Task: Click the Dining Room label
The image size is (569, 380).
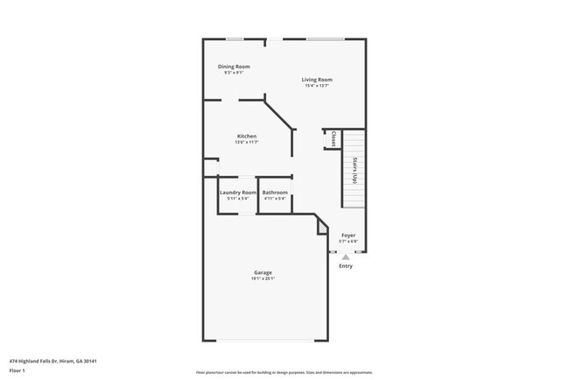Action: pos(234,67)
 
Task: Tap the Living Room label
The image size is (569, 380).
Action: pos(317,80)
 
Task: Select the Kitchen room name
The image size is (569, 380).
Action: pos(247,136)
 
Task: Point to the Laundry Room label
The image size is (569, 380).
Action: pos(237,192)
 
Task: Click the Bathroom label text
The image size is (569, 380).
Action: pos(275,192)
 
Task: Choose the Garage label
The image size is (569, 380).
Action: pos(263,272)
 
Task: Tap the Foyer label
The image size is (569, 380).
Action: pos(348,236)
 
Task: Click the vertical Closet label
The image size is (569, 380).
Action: pos(334,139)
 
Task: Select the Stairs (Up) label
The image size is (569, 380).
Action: pos(355,169)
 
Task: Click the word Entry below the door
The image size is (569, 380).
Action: pos(346,266)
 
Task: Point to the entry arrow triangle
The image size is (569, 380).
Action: pos(346,257)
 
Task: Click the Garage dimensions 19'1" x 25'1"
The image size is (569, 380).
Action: pos(263,279)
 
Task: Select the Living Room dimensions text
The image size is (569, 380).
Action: pos(317,86)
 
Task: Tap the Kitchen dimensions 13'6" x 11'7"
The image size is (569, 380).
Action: pos(247,143)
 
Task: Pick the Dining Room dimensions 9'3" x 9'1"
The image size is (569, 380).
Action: pos(234,73)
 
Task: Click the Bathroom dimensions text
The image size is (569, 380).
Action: pos(275,199)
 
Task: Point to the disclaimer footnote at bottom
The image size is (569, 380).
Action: pos(284,372)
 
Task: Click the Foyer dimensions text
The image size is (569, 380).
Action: pos(348,242)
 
